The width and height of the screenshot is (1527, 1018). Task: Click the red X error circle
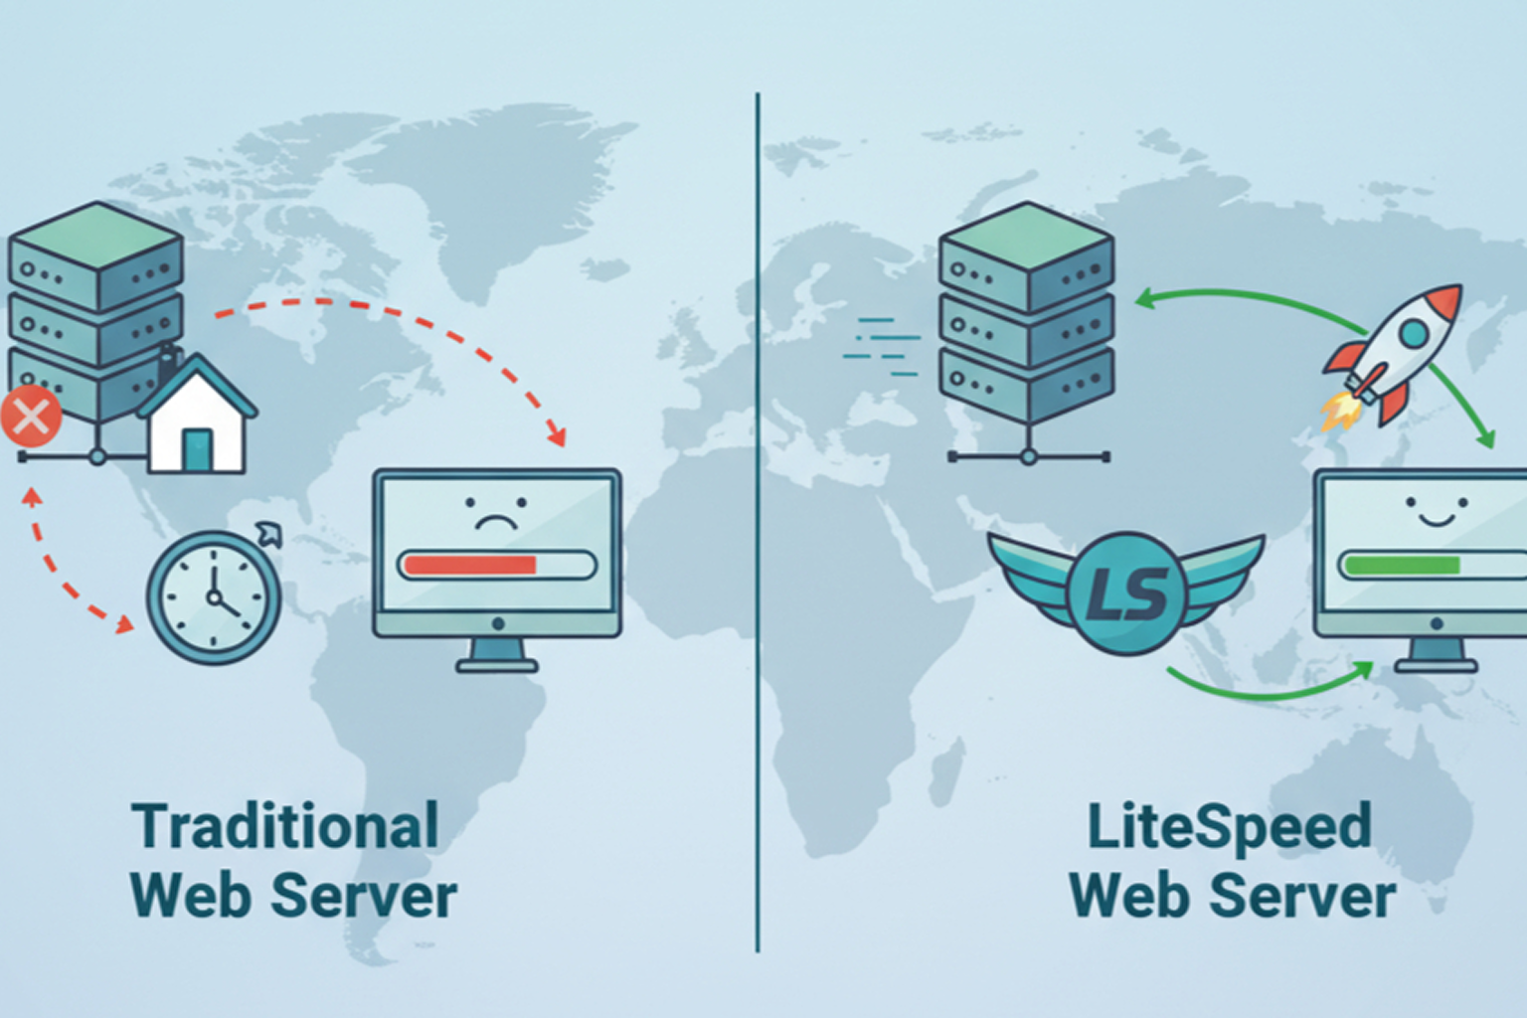[31, 418]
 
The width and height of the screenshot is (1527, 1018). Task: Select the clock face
[214, 597]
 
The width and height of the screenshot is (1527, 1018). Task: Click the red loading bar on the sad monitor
[469, 566]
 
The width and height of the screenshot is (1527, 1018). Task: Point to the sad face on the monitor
[495, 513]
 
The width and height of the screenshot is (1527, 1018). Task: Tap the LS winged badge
[1126, 591]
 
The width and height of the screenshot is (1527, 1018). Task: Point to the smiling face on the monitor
[1436, 511]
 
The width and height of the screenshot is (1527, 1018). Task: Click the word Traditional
[285, 827]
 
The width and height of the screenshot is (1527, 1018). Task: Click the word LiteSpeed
[1230, 827]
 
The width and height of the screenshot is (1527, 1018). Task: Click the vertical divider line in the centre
[758, 517]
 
